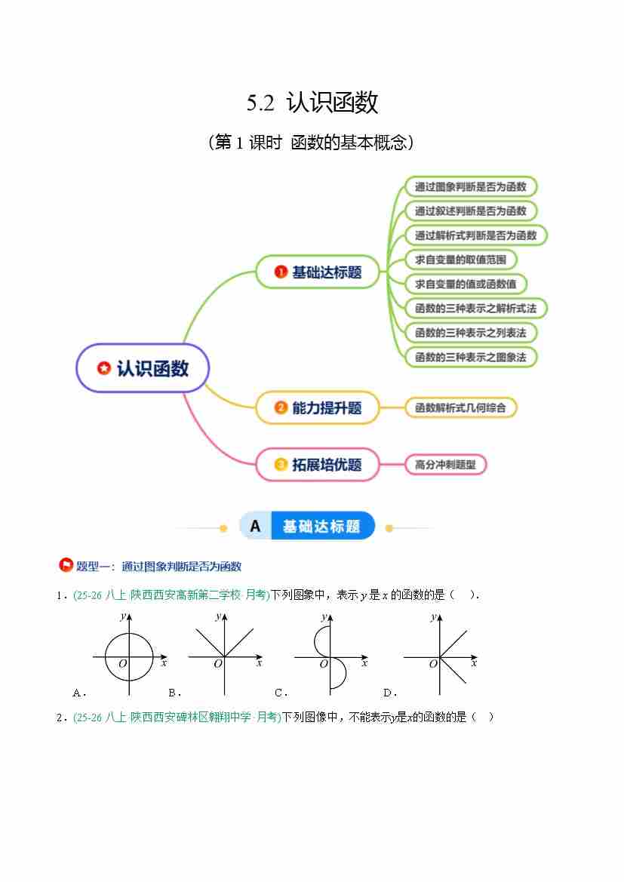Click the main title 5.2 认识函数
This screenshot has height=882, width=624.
click(x=312, y=103)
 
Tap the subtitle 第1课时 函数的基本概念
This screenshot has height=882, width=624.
click(x=312, y=143)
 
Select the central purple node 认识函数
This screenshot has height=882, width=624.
click(x=143, y=368)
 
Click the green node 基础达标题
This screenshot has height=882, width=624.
click(x=317, y=272)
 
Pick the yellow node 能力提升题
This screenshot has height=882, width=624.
click(x=317, y=407)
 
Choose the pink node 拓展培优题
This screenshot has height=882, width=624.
click(x=317, y=465)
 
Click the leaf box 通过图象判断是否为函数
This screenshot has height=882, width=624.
click(x=471, y=186)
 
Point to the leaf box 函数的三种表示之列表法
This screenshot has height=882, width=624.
click(x=471, y=332)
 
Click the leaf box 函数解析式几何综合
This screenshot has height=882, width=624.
click(x=460, y=407)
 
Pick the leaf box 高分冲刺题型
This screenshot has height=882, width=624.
click(x=445, y=465)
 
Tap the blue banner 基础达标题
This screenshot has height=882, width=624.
click(x=321, y=526)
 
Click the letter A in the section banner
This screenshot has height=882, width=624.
click(x=255, y=526)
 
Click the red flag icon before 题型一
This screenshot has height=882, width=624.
click(x=66, y=566)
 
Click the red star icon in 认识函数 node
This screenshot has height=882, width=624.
click(x=104, y=369)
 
